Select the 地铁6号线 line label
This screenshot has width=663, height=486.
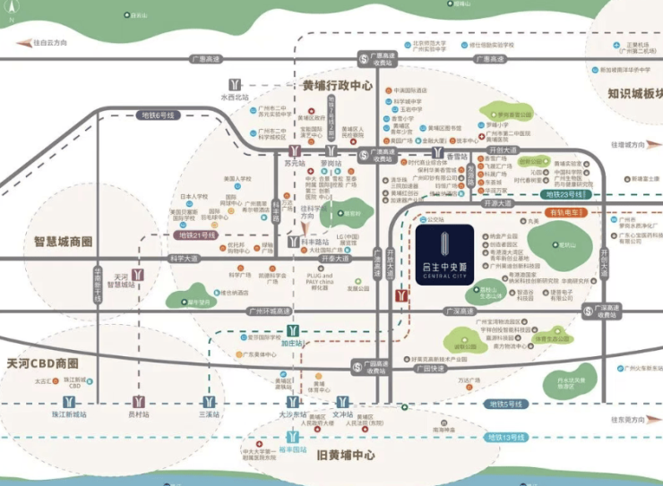(160, 115)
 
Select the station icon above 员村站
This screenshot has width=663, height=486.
(139, 401)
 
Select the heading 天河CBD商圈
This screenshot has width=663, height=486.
(43, 364)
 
